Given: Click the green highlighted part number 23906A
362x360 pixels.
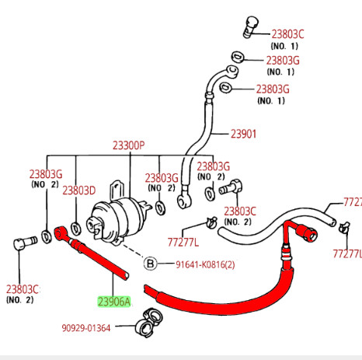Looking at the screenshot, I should click(114, 302).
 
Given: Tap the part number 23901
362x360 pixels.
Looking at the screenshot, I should click(242, 134).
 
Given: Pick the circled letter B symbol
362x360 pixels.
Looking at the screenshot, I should click(151, 264).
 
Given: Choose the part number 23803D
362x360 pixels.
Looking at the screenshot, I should click(78, 190).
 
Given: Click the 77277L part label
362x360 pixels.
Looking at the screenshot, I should click(184, 242).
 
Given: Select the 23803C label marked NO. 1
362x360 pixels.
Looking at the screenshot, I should click(287, 34).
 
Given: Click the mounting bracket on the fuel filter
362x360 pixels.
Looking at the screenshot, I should click(119, 190).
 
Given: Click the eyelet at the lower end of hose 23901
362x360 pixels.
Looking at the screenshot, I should click(183, 201).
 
